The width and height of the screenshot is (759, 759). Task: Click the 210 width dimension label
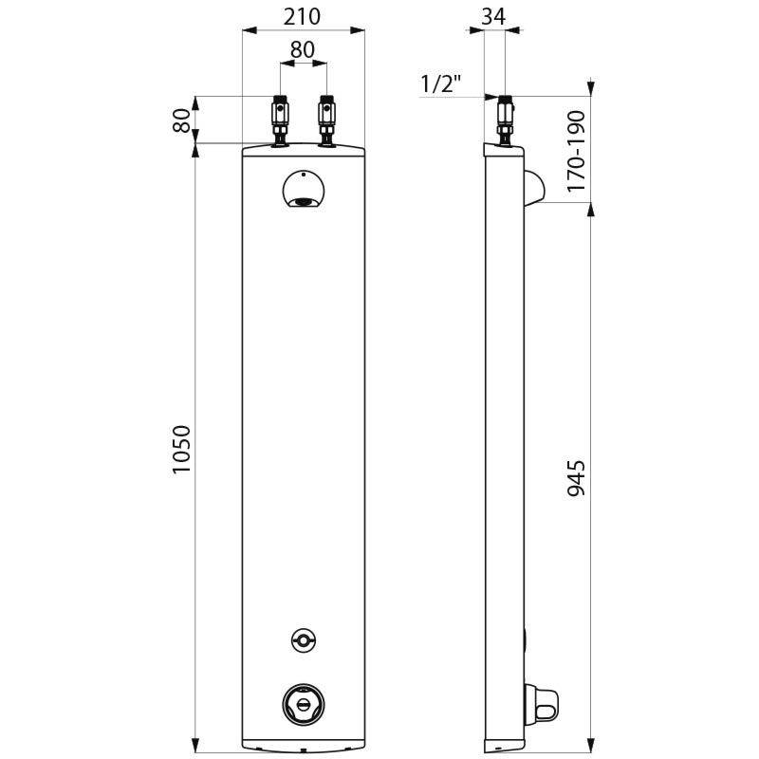[x=302, y=16]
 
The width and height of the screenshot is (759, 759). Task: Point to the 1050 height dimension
[x=182, y=451]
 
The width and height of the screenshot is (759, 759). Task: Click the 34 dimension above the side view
[x=493, y=16]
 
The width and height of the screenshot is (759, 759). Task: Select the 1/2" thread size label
[x=440, y=84]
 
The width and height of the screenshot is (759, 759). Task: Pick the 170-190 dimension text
[x=576, y=152]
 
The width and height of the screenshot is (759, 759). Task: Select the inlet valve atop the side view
[x=506, y=120]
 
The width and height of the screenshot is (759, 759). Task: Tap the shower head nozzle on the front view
[x=304, y=200]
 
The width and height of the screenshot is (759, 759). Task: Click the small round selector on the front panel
[x=303, y=641]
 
